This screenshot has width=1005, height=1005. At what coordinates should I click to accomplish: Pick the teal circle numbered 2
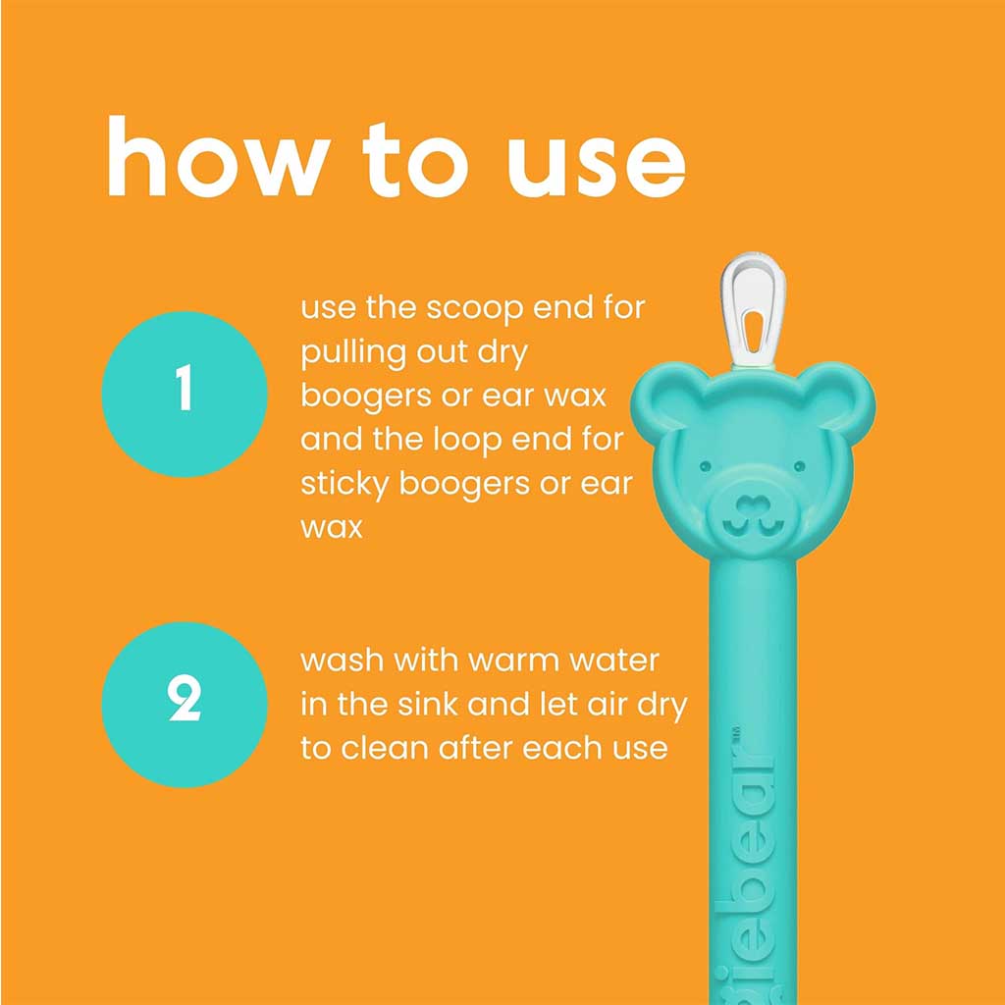coord(185,704)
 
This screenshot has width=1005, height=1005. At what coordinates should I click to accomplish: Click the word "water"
coord(614,660)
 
